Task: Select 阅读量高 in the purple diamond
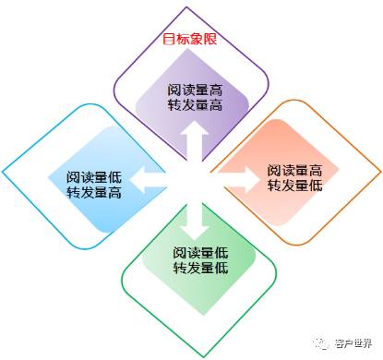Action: [x=195, y=90]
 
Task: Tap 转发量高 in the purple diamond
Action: [x=195, y=106]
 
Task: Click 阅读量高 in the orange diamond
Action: [x=294, y=170]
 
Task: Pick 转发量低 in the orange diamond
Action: [x=294, y=186]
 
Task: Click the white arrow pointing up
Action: [x=194, y=138]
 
